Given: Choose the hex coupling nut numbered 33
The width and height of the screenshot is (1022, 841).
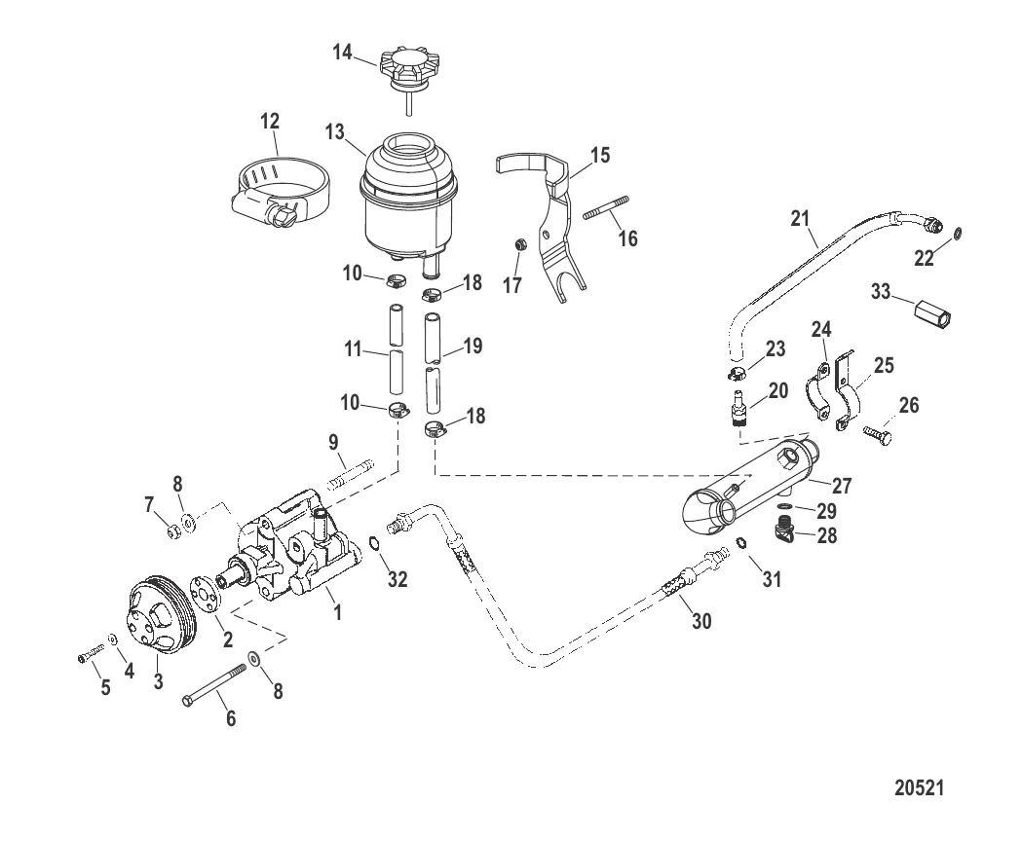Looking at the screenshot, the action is [x=932, y=312].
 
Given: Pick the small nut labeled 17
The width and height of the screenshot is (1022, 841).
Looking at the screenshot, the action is [x=521, y=244].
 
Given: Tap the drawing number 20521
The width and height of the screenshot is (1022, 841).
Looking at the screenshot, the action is [x=919, y=786].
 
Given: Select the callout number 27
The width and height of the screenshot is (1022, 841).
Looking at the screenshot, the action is [x=842, y=486].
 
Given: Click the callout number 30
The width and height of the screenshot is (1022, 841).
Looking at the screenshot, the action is [x=700, y=621].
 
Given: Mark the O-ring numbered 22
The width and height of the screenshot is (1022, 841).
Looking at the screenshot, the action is [x=958, y=233].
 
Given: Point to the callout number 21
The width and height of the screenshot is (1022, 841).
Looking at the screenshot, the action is [x=800, y=218].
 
